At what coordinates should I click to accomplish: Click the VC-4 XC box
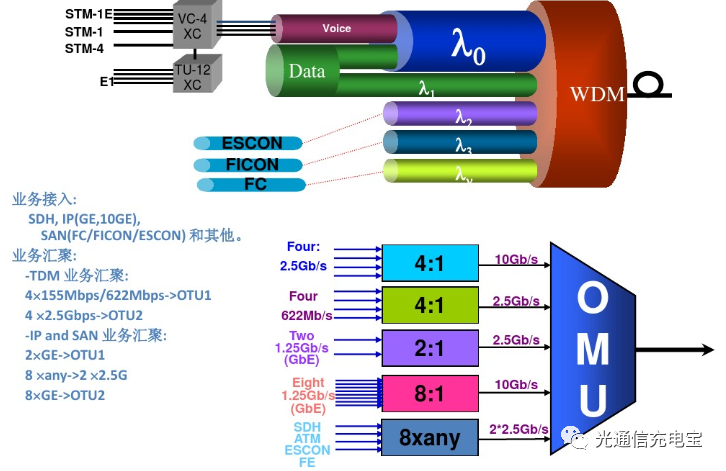191,26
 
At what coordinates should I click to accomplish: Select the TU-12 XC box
192,75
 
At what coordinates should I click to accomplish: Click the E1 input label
106,81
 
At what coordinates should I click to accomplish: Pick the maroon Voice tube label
337,29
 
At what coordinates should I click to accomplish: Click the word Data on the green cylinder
307,72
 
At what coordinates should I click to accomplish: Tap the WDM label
597,94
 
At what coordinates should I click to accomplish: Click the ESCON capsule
252,143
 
